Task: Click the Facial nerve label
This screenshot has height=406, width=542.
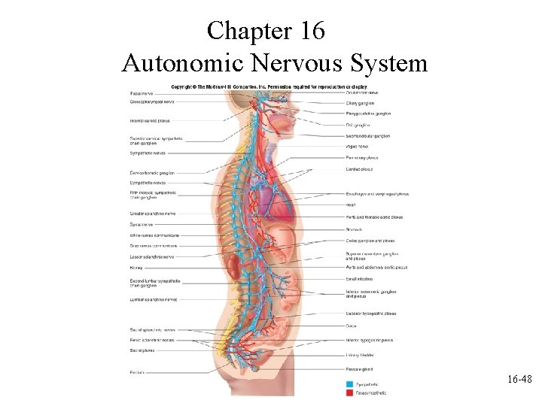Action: (x=142, y=92)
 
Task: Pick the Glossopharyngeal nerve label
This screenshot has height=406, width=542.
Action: (x=152, y=101)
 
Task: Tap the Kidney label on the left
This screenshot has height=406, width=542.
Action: (x=136, y=267)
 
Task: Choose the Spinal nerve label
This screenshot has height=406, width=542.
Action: (x=141, y=224)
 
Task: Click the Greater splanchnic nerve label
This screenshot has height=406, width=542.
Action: (x=153, y=214)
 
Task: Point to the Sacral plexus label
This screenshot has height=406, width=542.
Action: (x=142, y=350)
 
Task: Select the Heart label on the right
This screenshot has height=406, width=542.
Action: (x=351, y=205)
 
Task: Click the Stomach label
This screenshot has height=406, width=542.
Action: (x=354, y=229)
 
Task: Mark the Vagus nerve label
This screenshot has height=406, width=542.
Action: (x=358, y=147)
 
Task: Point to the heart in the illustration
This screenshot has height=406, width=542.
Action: (x=268, y=199)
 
